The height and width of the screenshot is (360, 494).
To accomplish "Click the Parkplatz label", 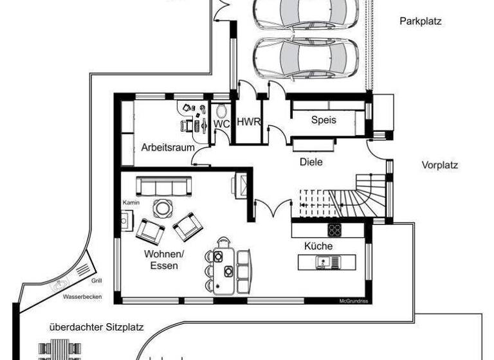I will tap(421, 21).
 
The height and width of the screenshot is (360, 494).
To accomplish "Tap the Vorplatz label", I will tap(439, 165).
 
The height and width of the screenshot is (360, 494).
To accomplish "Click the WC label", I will tap(221, 122).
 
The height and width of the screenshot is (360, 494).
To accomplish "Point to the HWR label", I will tap(248, 122).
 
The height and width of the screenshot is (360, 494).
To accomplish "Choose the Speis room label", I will tap(324, 120).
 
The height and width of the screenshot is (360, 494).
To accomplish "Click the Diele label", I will tap(311, 162).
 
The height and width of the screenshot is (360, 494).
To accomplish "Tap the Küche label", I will tap(318, 246).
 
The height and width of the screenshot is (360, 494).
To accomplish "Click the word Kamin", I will tap(131, 203).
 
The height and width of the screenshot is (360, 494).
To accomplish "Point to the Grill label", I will tap(96, 280).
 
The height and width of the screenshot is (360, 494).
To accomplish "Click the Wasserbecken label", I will tap(79, 298).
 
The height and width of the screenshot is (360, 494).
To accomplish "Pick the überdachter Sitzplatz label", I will tap(96, 327).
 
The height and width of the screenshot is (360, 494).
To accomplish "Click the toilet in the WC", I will tap(222, 109).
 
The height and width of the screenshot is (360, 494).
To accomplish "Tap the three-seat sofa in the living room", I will tap(163, 186).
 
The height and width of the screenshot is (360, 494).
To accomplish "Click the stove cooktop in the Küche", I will tap(335, 230).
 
